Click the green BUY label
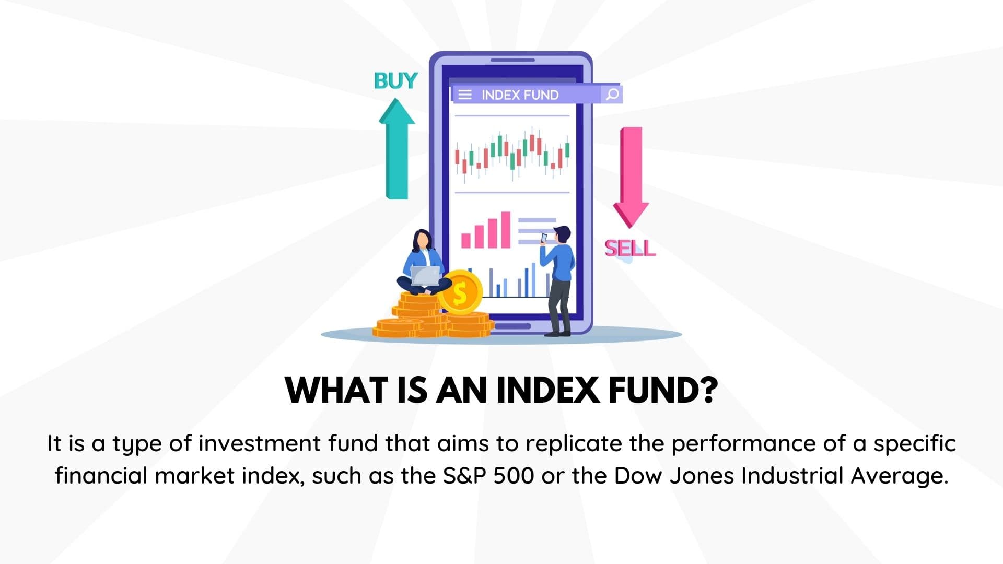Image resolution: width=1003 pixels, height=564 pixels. (395, 81)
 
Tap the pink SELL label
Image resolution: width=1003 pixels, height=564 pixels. (629, 248)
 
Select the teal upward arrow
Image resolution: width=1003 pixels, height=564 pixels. (396, 151)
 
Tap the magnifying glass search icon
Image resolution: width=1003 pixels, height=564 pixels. (612, 94)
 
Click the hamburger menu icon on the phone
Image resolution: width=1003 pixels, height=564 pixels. (464, 95)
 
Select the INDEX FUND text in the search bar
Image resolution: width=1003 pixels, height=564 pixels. (520, 95)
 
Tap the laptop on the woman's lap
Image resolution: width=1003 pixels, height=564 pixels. (425, 275)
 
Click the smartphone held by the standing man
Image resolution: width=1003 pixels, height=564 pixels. (544, 238)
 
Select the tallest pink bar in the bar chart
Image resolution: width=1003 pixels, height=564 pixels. (505, 230)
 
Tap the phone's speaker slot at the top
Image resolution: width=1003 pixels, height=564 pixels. (512, 60)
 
